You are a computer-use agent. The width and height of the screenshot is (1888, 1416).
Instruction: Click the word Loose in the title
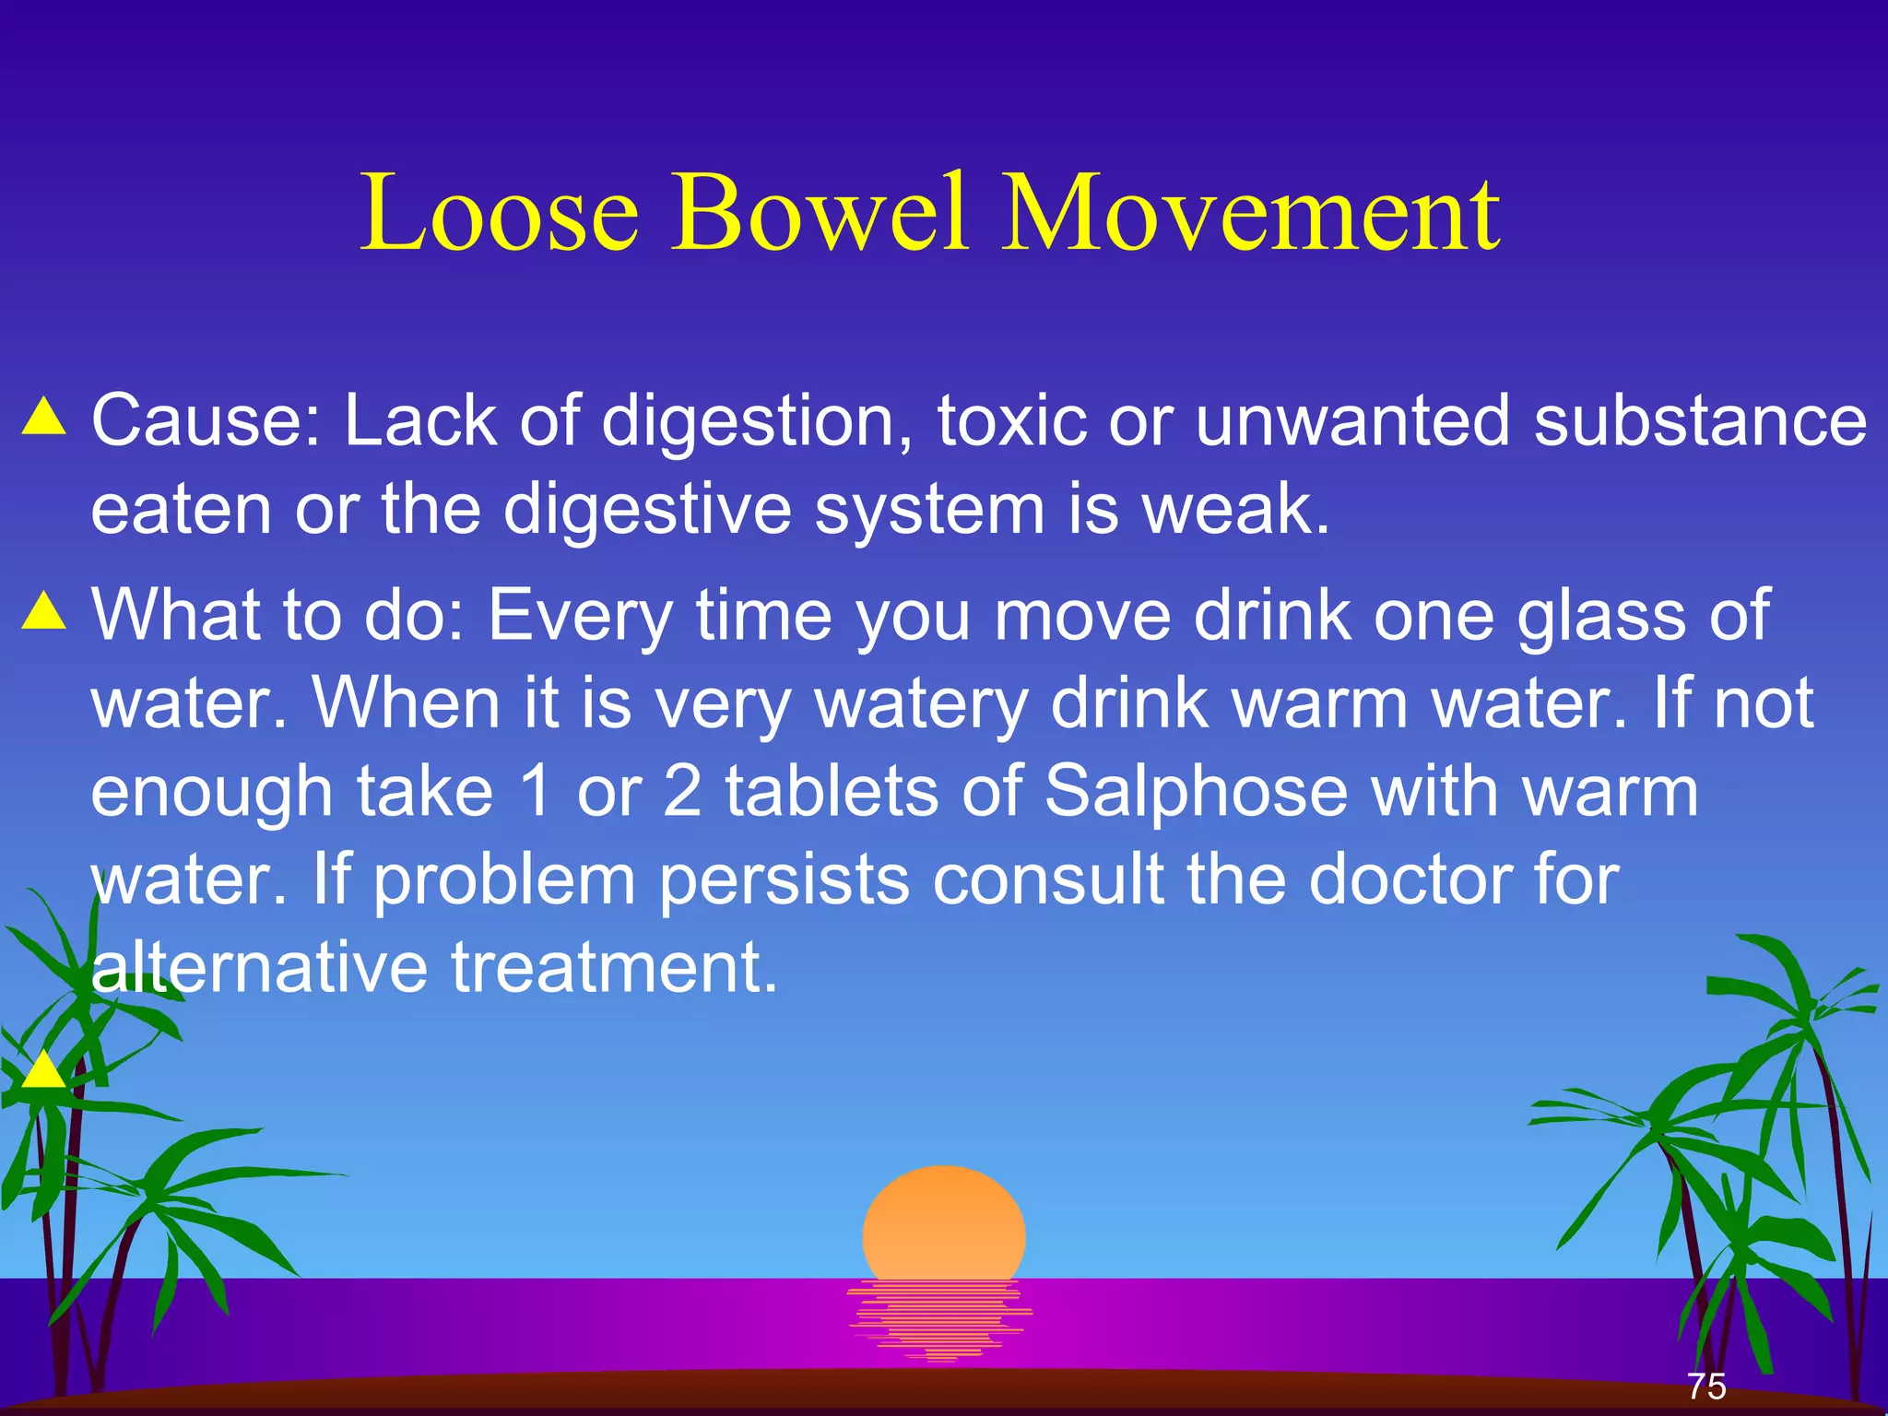(x=499, y=213)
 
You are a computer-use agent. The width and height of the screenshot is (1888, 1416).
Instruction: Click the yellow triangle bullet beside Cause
(x=44, y=417)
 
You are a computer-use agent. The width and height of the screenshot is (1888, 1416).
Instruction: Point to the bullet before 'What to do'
(x=44, y=611)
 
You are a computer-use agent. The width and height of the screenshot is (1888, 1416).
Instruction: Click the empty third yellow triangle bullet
(x=42, y=1071)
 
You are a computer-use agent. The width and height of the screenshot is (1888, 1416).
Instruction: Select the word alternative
(x=259, y=967)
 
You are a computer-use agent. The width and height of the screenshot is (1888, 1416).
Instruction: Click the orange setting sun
(x=943, y=1221)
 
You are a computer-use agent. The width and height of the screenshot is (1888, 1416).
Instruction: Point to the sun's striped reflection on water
(x=940, y=1318)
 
